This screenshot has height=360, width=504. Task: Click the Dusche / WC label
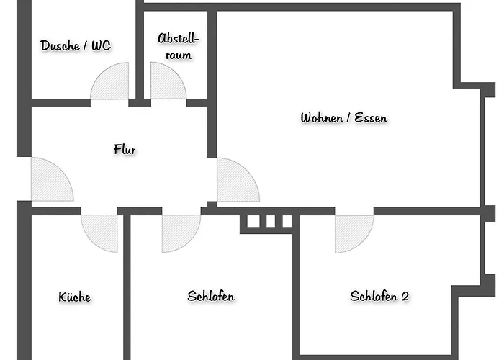(x=76, y=46)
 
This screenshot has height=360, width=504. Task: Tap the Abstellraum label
(x=177, y=45)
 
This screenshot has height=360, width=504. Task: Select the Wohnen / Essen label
(x=344, y=118)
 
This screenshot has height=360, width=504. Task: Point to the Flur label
(x=125, y=150)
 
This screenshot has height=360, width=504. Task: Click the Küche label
(x=75, y=297)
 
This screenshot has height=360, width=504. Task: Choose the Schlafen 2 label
(x=379, y=296)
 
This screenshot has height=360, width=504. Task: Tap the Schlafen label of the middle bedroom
(x=211, y=296)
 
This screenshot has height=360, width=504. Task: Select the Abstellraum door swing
(x=166, y=84)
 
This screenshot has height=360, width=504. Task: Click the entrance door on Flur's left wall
(x=49, y=181)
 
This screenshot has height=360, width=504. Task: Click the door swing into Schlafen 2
(x=352, y=232)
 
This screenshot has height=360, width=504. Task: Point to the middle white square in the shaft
(x=266, y=221)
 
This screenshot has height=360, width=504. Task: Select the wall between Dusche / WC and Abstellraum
(x=140, y=50)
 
